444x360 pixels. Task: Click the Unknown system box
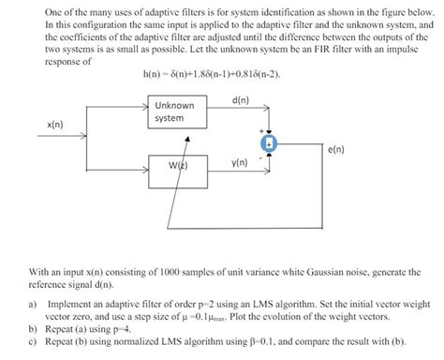(175, 112)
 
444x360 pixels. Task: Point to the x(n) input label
(55, 124)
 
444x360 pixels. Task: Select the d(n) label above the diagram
(240, 99)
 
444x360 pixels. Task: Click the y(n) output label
(239, 162)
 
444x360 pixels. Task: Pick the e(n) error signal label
(337, 149)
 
